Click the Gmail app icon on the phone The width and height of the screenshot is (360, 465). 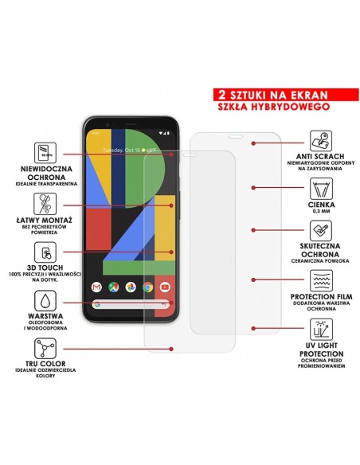point(97,287)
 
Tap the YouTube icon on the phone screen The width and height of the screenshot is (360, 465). point(165,287)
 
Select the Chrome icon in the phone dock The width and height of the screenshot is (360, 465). point(148,287)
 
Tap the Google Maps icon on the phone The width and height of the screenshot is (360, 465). point(114,287)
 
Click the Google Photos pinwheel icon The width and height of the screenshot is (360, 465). point(131,287)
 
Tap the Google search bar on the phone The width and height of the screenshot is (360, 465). point(131,304)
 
